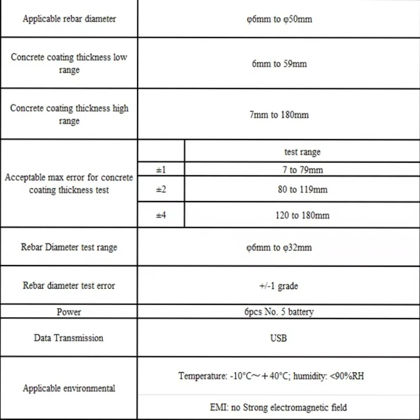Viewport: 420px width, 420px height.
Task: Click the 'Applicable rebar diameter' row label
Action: click(69, 19)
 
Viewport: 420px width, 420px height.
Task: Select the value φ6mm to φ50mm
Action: click(279, 19)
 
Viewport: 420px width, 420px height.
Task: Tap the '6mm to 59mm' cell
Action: click(279, 64)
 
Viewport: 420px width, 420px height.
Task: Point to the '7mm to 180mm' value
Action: click(279, 114)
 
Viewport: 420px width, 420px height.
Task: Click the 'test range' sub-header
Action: click(302, 152)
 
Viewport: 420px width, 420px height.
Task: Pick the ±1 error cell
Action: click(161, 170)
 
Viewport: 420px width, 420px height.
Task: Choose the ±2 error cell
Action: click(161, 189)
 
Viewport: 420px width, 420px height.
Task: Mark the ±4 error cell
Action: click(161, 215)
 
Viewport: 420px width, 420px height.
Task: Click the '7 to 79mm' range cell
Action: click(302, 170)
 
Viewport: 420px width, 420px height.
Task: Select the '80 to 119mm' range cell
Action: click(302, 189)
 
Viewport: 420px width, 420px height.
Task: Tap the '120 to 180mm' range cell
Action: click(302, 215)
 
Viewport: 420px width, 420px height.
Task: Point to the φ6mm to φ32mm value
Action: click(279, 247)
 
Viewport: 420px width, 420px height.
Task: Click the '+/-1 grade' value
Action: click(279, 286)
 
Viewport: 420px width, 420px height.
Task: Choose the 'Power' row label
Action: click(69, 312)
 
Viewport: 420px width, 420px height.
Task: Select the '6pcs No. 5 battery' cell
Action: click(279, 312)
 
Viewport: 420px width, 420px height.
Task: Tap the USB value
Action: click(279, 338)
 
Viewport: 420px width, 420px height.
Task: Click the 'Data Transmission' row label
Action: click(69, 338)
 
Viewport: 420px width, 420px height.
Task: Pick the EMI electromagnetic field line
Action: click(278, 407)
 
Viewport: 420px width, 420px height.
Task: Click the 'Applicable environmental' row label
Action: click(69, 388)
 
